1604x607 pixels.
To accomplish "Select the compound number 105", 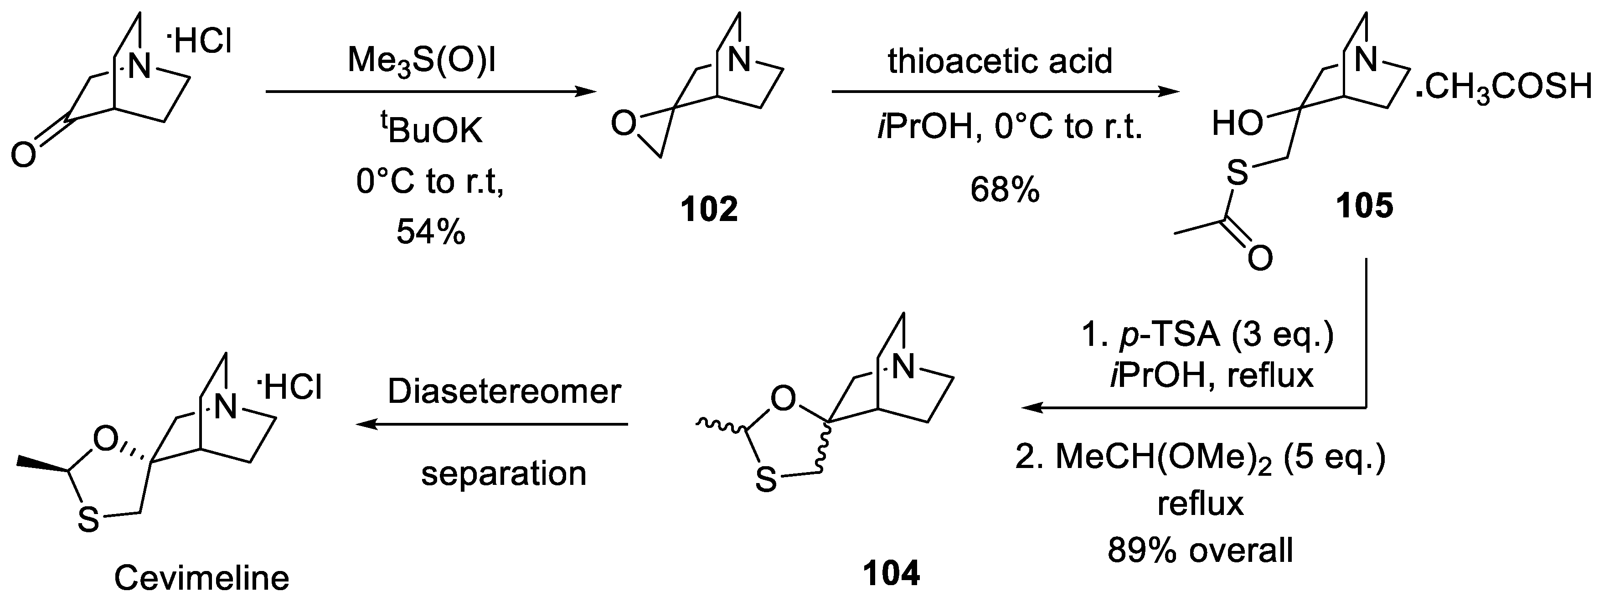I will pos(1364,206).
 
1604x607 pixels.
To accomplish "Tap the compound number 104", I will pos(891,573).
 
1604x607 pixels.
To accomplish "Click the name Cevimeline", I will pos(202,578).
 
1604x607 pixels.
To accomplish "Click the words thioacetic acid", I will pos(1000,61).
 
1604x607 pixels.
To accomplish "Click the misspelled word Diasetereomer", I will pos(505,391).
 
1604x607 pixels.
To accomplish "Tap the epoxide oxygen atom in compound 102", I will pos(623,124).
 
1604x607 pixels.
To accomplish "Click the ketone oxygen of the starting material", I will pos(24,154).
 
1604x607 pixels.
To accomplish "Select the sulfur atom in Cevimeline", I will pos(88,519).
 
